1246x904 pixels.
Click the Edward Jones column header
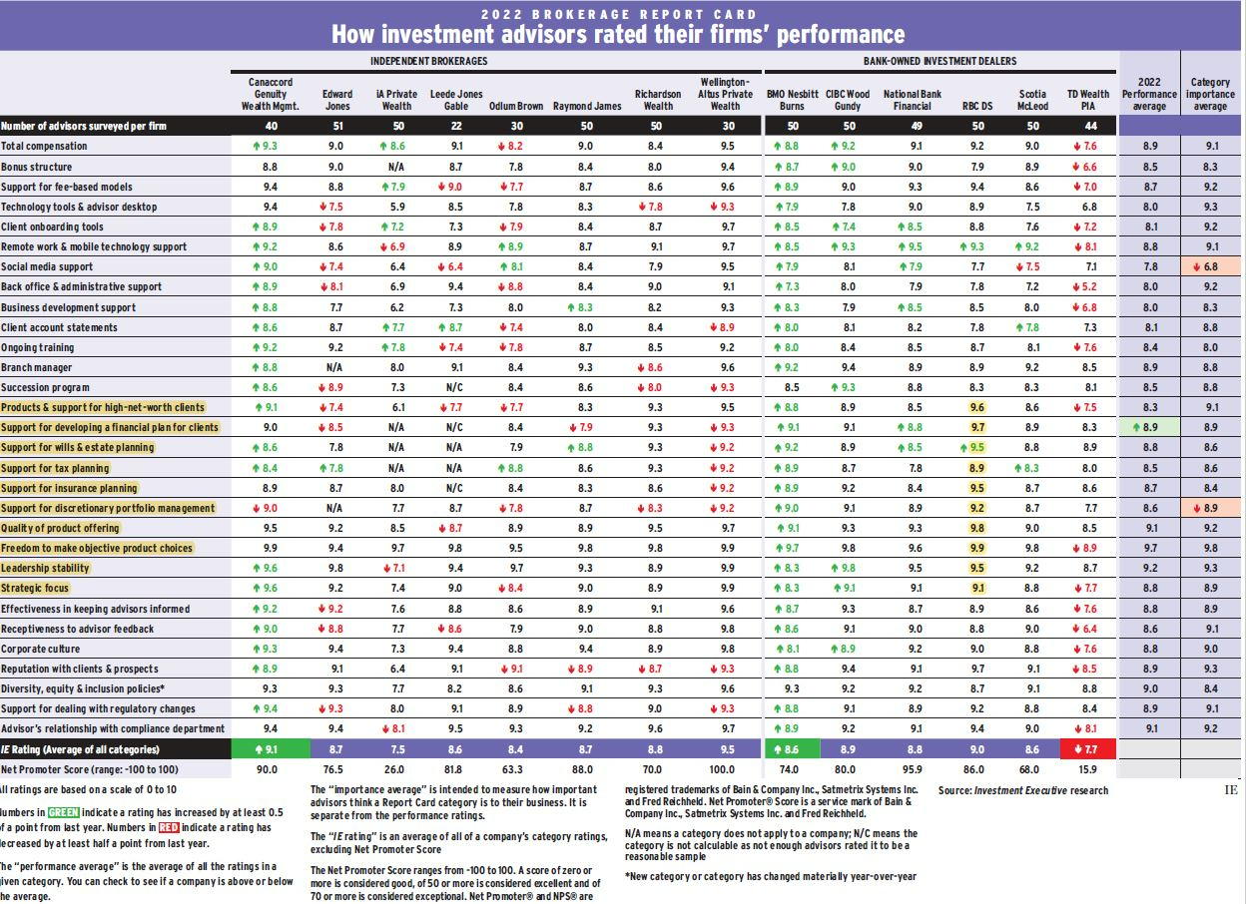tap(337, 100)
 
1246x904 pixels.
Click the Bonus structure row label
tap(37, 167)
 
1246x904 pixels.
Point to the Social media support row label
tap(47, 266)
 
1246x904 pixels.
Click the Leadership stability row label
tap(46, 568)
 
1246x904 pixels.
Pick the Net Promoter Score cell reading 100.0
tap(725, 769)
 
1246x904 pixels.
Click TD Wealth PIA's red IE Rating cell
tap(1087, 748)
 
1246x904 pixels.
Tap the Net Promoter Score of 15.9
tap(1087, 769)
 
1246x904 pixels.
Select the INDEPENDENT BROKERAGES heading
tap(428, 61)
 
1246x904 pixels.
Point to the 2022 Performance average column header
tap(1149, 94)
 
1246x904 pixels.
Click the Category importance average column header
tap(1210, 94)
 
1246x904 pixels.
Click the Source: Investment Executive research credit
tap(1022, 790)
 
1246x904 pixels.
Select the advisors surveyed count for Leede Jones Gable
tap(456, 126)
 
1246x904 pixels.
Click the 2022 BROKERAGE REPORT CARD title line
tap(618, 14)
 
